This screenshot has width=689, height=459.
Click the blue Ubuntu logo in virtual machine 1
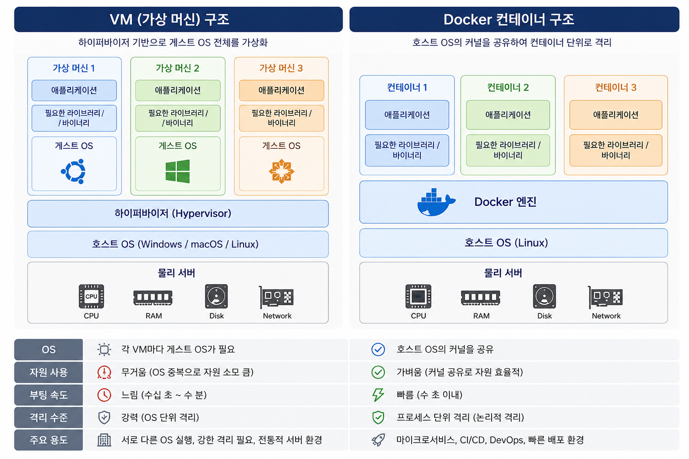(x=74, y=171)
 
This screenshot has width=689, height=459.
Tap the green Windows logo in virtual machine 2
(x=178, y=171)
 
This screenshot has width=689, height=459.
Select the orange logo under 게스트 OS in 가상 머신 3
(x=281, y=171)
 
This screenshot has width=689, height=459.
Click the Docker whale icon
(x=436, y=202)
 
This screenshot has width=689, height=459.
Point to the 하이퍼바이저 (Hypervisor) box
(x=178, y=214)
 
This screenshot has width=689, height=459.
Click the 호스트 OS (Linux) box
(x=513, y=243)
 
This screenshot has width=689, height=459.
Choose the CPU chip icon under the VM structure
(x=92, y=296)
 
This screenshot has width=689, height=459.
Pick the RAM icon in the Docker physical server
(x=480, y=297)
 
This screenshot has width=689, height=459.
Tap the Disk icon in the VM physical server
(x=217, y=296)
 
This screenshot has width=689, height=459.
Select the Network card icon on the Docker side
(x=605, y=297)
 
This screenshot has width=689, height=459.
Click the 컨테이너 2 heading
(x=508, y=87)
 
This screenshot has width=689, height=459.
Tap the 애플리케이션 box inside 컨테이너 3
(x=616, y=115)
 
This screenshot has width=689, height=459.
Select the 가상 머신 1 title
(x=74, y=68)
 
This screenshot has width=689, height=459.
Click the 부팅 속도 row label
(x=48, y=395)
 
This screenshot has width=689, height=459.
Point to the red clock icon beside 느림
(x=104, y=395)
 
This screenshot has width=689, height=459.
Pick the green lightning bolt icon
(x=378, y=395)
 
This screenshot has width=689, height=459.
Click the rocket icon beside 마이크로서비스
(x=378, y=440)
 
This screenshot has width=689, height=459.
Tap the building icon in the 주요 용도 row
(x=104, y=440)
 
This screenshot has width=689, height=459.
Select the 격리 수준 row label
(x=48, y=417)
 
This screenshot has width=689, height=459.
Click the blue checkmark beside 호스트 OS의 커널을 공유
(x=378, y=350)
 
